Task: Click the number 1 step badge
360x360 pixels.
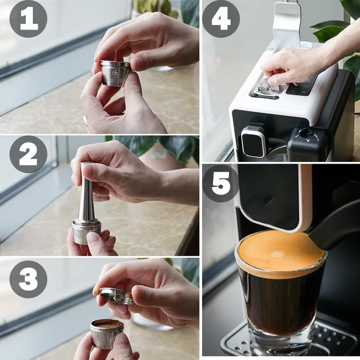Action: click(x=28, y=18)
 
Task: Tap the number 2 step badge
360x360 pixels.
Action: click(x=28, y=154)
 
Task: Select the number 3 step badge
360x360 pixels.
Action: click(x=28, y=279)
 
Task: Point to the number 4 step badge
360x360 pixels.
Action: click(x=221, y=18)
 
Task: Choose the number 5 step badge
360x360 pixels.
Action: click(x=221, y=183)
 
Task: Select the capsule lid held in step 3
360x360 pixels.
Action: click(x=117, y=296)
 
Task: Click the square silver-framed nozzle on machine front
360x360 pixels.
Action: click(x=253, y=142)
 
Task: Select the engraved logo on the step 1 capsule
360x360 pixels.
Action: click(x=115, y=74)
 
